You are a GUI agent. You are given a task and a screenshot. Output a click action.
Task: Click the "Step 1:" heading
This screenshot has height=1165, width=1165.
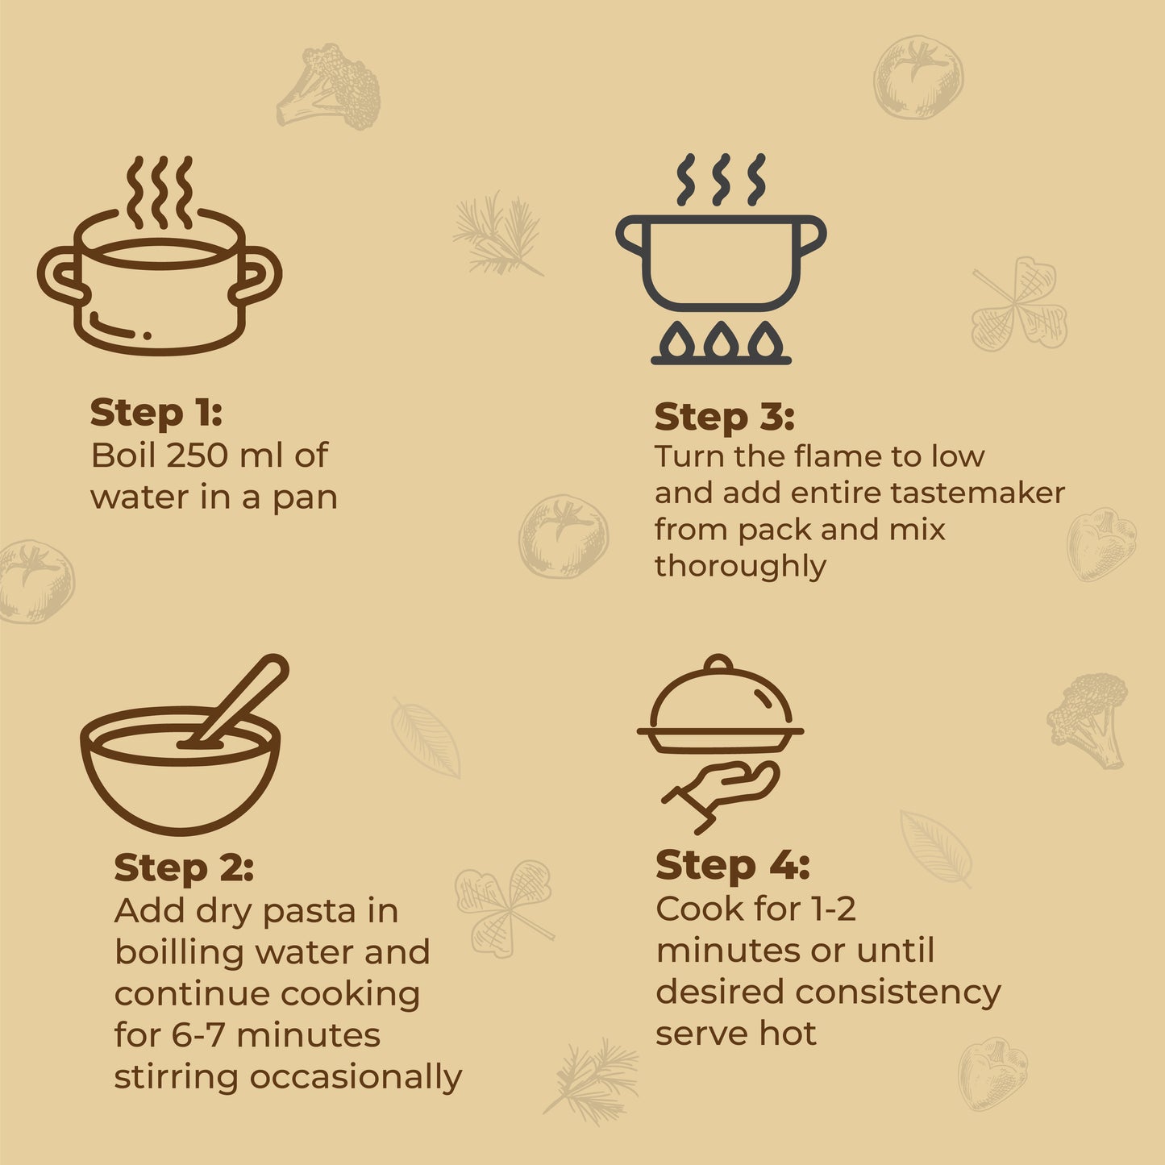(x=156, y=414)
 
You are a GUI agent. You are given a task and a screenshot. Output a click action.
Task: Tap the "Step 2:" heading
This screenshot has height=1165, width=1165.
(x=184, y=868)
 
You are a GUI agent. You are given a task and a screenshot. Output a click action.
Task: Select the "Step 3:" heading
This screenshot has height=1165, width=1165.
(x=724, y=418)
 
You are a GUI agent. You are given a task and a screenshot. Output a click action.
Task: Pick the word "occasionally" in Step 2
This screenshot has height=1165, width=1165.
(x=356, y=1078)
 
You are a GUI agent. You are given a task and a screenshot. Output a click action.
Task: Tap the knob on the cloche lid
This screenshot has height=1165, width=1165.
(x=718, y=664)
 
